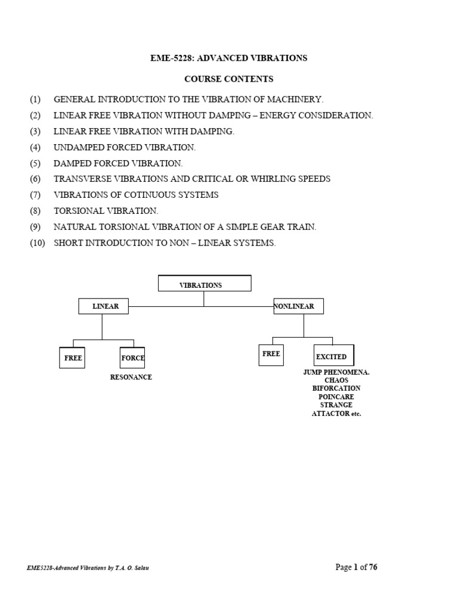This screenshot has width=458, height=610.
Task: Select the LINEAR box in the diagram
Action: coord(104,306)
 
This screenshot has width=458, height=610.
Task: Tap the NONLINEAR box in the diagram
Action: coord(298,306)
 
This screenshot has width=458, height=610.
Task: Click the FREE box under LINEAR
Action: coord(73,358)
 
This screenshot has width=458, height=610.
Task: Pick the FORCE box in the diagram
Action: coord(132,358)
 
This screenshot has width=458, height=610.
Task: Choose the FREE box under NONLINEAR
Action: coord(271,354)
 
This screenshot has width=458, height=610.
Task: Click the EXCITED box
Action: coord(333,356)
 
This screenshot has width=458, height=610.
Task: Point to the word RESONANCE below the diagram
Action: coord(131,377)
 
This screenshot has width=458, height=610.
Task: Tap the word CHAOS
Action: coord(336,380)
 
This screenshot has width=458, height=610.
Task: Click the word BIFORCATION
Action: coord(336,388)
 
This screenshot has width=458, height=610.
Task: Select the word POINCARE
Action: coord(336,397)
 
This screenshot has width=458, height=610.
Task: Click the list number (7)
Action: coord(35,195)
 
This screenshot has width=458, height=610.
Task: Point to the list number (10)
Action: coord(37,243)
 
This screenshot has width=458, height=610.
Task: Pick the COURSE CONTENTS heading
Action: coord(228,79)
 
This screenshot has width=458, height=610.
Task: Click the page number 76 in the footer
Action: coord(373,567)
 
